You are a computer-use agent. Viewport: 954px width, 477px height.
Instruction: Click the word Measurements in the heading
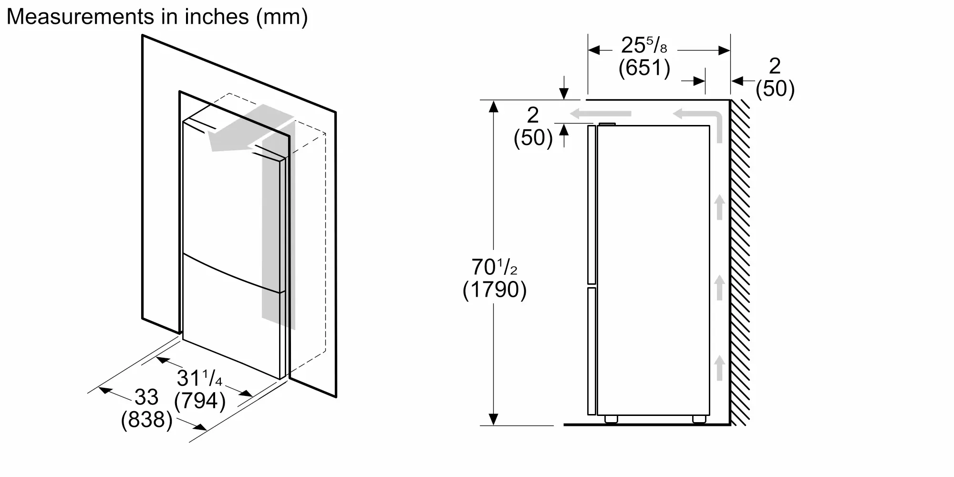(x=73, y=17)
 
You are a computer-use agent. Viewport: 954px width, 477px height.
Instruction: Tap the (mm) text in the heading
(x=282, y=18)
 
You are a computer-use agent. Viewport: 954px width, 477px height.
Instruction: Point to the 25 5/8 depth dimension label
(x=644, y=46)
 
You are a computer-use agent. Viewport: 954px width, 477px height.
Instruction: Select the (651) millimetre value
(x=644, y=68)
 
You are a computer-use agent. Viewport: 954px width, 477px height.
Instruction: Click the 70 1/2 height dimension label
(x=495, y=268)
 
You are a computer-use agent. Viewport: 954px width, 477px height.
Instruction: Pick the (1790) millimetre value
(x=495, y=290)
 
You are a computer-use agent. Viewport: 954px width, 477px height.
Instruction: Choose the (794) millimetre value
(x=200, y=401)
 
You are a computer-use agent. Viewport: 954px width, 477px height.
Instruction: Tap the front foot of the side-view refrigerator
(x=611, y=419)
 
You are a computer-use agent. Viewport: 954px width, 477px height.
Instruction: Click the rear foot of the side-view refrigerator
(x=699, y=419)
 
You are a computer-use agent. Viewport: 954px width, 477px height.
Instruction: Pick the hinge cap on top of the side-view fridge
(x=607, y=124)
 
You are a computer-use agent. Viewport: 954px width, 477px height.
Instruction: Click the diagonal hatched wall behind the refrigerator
(x=740, y=262)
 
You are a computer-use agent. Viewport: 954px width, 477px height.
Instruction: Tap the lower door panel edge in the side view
(x=591, y=351)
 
